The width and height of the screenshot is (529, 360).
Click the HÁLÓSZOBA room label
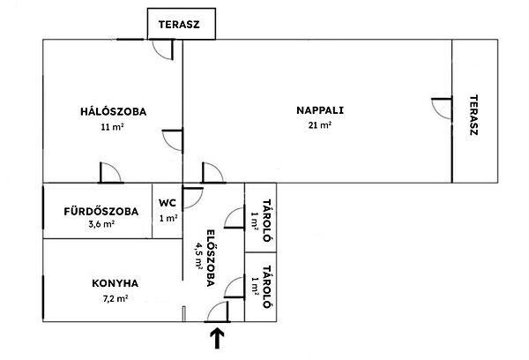point(113,112)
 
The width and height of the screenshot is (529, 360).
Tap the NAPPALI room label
point(319,111)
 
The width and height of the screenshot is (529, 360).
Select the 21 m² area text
point(320,126)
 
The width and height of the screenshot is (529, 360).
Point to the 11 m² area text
point(113,127)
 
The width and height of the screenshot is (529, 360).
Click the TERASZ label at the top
point(179,25)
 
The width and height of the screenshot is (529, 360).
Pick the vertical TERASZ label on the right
point(473,114)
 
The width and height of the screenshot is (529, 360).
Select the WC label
point(168,202)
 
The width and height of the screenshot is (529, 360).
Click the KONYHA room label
point(115,283)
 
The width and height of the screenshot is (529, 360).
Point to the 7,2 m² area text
point(115,299)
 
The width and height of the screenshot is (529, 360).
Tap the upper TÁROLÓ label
point(264,212)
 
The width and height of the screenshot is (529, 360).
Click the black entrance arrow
point(216,337)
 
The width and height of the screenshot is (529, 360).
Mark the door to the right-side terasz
point(441,110)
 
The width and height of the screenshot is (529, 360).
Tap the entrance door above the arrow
point(217,312)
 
